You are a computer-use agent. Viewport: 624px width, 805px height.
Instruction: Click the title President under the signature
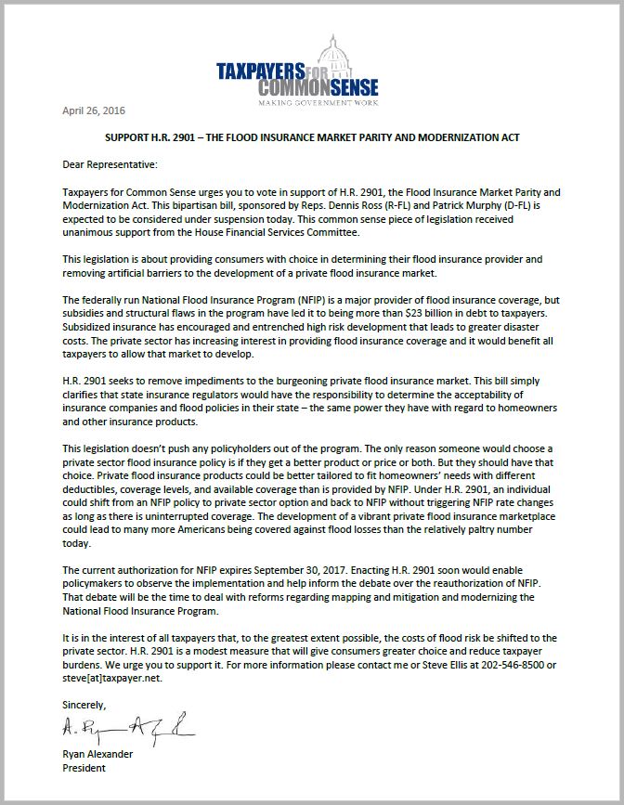84,768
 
